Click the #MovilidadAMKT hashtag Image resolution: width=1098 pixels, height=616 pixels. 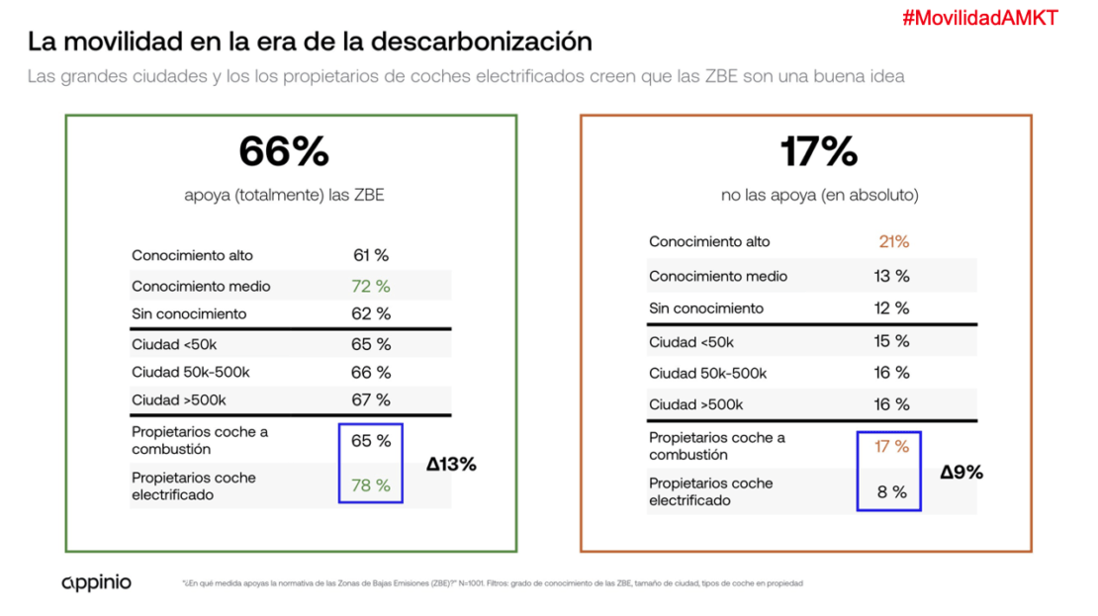(x=980, y=19)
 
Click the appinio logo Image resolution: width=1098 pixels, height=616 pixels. (x=96, y=582)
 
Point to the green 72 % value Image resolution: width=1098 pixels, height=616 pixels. (x=371, y=286)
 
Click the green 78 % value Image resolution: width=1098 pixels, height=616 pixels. (x=371, y=485)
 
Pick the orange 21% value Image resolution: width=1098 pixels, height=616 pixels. (x=893, y=241)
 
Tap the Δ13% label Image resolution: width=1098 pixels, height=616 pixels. (x=451, y=464)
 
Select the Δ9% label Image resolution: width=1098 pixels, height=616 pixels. (x=961, y=472)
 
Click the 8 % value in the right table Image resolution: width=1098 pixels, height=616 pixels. (x=892, y=491)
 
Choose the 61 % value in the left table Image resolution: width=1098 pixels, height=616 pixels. (x=371, y=255)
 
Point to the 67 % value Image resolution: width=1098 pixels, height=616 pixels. (x=371, y=399)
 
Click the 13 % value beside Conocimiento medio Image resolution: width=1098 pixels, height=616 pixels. (x=892, y=276)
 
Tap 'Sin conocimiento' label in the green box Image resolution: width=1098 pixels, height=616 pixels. (x=189, y=313)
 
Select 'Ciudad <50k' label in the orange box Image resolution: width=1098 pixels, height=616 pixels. (x=691, y=342)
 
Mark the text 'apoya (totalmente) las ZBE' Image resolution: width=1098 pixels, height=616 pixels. (x=284, y=196)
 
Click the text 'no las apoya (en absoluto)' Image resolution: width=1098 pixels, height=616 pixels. (x=819, y=196)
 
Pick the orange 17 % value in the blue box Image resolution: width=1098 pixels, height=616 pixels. (x=892, y=446)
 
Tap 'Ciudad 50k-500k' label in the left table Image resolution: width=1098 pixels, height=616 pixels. (x=192, y=372)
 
